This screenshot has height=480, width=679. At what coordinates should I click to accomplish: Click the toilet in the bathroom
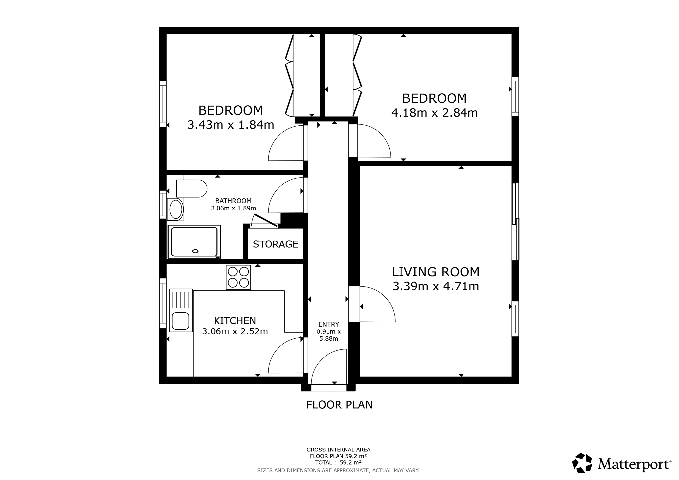point(192,189)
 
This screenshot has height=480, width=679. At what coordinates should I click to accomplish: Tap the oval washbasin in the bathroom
point(176,210)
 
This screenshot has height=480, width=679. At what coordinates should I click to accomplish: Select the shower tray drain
point(195,251)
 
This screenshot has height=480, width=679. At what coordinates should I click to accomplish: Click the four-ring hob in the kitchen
point(238,277)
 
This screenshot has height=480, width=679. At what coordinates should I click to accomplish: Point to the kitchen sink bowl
point(181,321)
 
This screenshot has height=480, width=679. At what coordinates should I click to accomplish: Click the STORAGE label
point(276,244)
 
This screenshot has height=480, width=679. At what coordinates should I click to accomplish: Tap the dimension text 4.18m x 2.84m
point(434,113)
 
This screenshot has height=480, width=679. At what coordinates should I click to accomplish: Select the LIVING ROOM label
point(436,272)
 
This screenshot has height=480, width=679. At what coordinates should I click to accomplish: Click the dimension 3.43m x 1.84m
point(231,125)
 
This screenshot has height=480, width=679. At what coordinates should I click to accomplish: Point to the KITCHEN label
point(235,321)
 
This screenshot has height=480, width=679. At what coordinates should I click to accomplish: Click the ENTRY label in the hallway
point(329,324)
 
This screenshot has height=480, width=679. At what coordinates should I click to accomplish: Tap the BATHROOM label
point(233,201)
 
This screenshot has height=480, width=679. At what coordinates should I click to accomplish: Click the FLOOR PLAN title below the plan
point(339,405)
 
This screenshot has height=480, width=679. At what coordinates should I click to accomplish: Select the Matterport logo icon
point(582,463)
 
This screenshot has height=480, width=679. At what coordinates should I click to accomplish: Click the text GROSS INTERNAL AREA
point(338,450)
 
